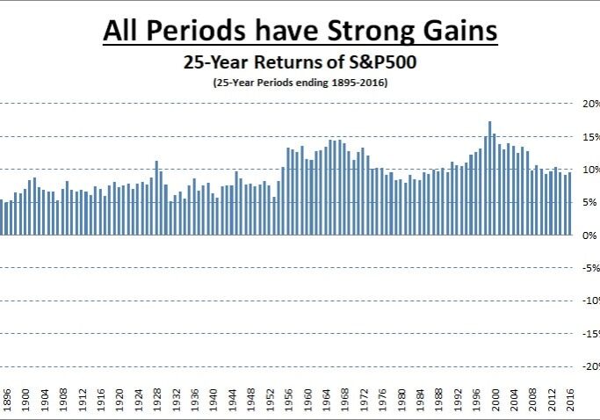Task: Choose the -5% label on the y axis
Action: click(589, 268)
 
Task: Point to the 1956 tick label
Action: click(288, 402)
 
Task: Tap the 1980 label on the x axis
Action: click(401, 402)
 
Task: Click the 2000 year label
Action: click(495, 402)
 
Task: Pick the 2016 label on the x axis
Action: click(569, 402)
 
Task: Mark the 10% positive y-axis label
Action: click(589, 169)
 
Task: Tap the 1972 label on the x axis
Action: click(363, 402)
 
